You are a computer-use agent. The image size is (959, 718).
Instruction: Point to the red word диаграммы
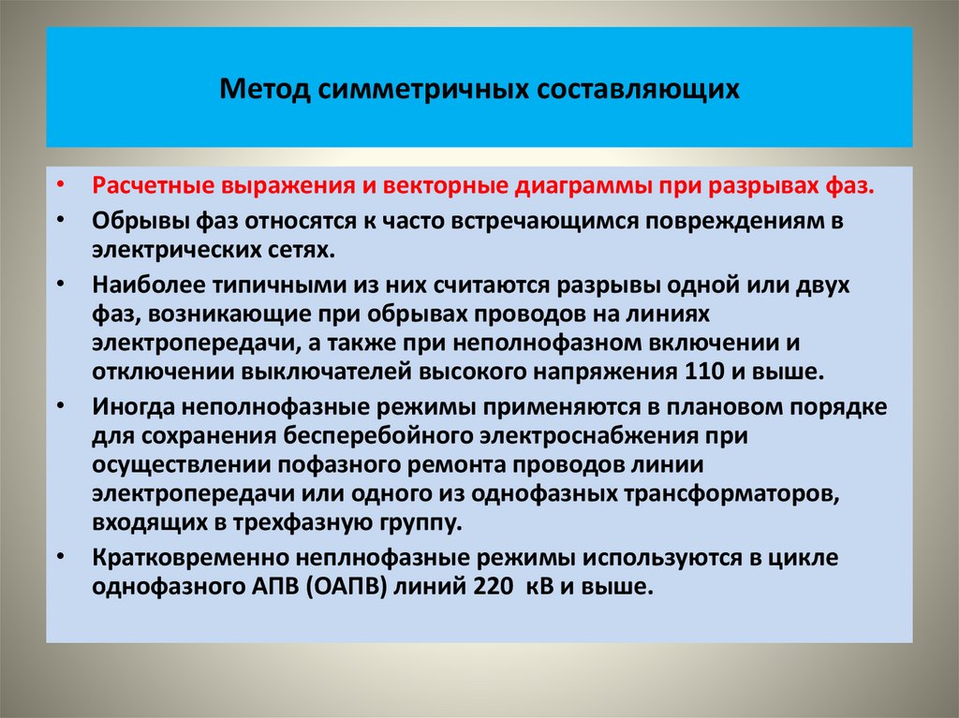pos(581,185)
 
